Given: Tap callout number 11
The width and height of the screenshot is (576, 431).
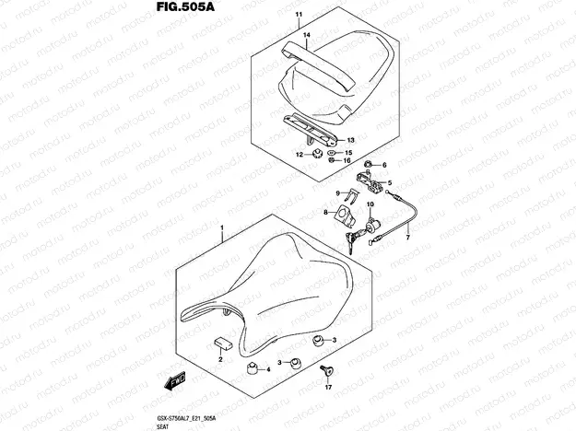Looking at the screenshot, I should click(298, 16).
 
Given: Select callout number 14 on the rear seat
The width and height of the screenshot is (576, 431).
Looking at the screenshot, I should click(307, 34).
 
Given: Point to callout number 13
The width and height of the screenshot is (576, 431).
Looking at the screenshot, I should click(351, 140).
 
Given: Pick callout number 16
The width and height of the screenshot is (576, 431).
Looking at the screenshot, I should click(347, 160).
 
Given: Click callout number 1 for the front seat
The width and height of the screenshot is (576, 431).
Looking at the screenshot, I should click(221, 226).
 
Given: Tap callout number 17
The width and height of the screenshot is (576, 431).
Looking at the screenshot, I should click(326, 389).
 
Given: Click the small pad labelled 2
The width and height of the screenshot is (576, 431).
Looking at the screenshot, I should click(222, 344).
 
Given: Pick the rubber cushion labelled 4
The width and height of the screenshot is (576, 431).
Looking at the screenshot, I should click(250, 368).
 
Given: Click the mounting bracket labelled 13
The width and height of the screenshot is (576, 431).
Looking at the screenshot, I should click(308, 123).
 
